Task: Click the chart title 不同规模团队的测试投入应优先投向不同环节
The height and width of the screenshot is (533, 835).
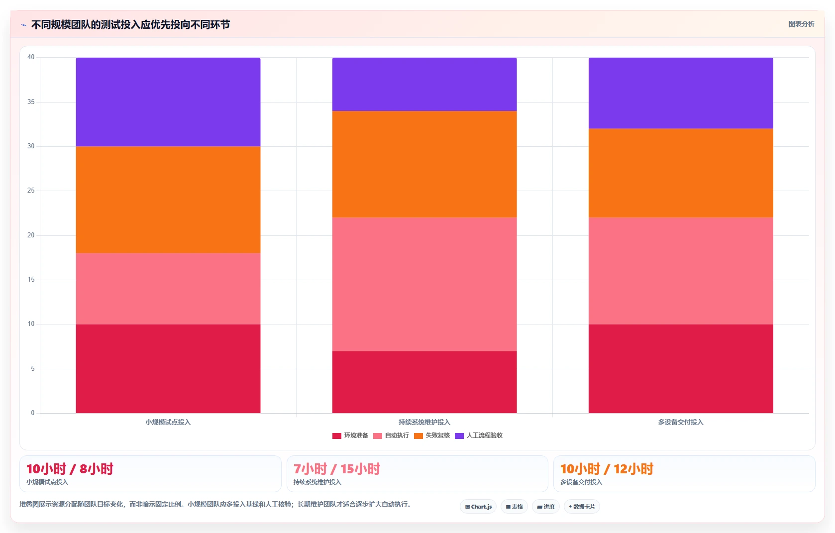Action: (130, 24)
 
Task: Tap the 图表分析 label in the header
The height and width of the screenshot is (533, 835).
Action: (801, 24)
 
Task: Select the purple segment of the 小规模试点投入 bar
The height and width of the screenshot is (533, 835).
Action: (168, 102)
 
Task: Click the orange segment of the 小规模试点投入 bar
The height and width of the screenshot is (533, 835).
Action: (168, 200)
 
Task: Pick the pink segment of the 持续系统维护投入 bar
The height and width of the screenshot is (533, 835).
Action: (424, 284)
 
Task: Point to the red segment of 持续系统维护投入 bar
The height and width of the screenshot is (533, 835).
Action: (424, 382)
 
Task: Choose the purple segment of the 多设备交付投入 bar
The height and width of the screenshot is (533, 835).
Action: (681, 93)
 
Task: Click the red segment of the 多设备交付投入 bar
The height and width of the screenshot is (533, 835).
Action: (681, 369)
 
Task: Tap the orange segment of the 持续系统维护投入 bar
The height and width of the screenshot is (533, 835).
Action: (424, 164)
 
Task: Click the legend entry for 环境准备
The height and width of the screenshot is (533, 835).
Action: (350, 435)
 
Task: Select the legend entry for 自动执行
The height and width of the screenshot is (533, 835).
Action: (391, 435)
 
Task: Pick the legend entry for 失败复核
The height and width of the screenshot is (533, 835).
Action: (432, 435)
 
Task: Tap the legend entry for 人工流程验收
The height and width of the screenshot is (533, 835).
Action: (479, 435)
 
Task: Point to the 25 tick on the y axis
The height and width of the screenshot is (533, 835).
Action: (31, 191)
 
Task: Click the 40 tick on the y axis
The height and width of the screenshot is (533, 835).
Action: (31, 57)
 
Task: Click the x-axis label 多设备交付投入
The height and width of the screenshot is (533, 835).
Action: (681, 423)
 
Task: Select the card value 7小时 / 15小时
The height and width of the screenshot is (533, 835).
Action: (336, 469)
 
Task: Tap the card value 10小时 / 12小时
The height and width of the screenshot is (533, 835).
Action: (607, 469)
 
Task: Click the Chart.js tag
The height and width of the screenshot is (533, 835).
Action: (478, 507)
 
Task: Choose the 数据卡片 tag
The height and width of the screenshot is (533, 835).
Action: (582, 507)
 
